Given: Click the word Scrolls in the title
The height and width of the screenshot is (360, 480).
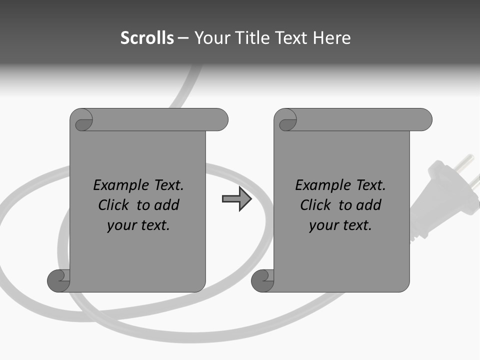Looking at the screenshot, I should [147, 38].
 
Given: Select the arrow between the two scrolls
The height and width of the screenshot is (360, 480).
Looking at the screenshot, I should [237, 199].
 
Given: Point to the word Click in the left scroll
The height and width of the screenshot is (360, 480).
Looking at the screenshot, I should [115, 205].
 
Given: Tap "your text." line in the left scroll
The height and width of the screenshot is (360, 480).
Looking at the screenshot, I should [138, 225].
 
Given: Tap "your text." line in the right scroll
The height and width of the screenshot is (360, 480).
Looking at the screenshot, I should [340, 225].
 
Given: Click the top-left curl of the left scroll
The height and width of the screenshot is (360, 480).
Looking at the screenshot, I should [83, 120].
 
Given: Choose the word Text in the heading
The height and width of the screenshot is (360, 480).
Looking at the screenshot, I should [291, 38].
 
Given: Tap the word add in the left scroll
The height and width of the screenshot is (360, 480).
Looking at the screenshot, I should [166, 205].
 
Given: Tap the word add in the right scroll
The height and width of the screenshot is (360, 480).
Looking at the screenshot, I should [368, 205].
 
